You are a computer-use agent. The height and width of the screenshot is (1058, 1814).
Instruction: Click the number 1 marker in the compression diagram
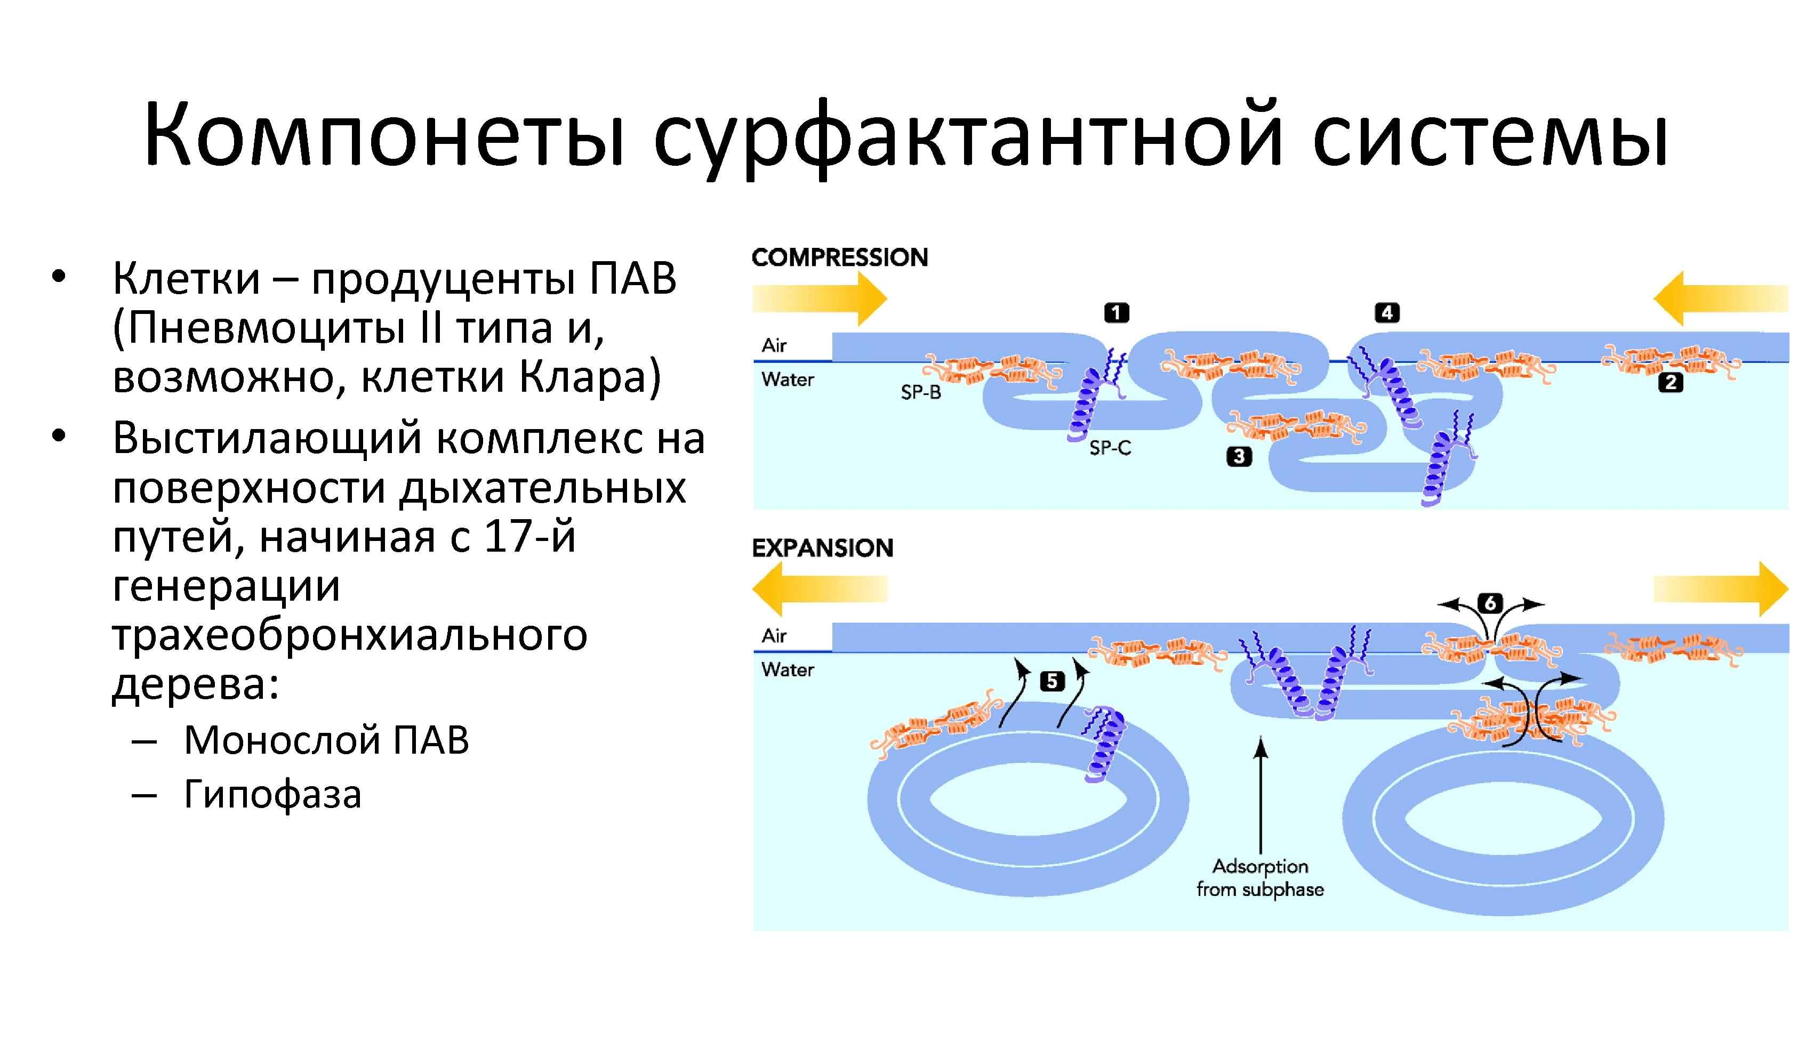click(x=1117, y=313)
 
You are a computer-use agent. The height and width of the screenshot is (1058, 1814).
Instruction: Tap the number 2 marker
click(x=1670, y=383)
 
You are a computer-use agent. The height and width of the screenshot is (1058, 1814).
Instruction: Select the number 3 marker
click(x=1239, y=456)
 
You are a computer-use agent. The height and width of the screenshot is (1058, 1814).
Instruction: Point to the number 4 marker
click(x=1387, y=313)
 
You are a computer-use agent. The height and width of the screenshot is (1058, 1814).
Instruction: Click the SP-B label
click(x=921, y=393)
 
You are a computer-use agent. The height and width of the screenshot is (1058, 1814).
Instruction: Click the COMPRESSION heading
click(x=839, y=257)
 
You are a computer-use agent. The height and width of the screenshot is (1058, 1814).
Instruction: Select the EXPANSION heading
click(x=822, y=548)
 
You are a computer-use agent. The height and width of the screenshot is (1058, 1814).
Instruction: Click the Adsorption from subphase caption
click(x=1259, y=878)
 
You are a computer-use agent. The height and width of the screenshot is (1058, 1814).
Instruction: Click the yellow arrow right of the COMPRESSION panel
click(x=1720, y=298)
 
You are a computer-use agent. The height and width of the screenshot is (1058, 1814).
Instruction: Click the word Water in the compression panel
click(x=788, y=380)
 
